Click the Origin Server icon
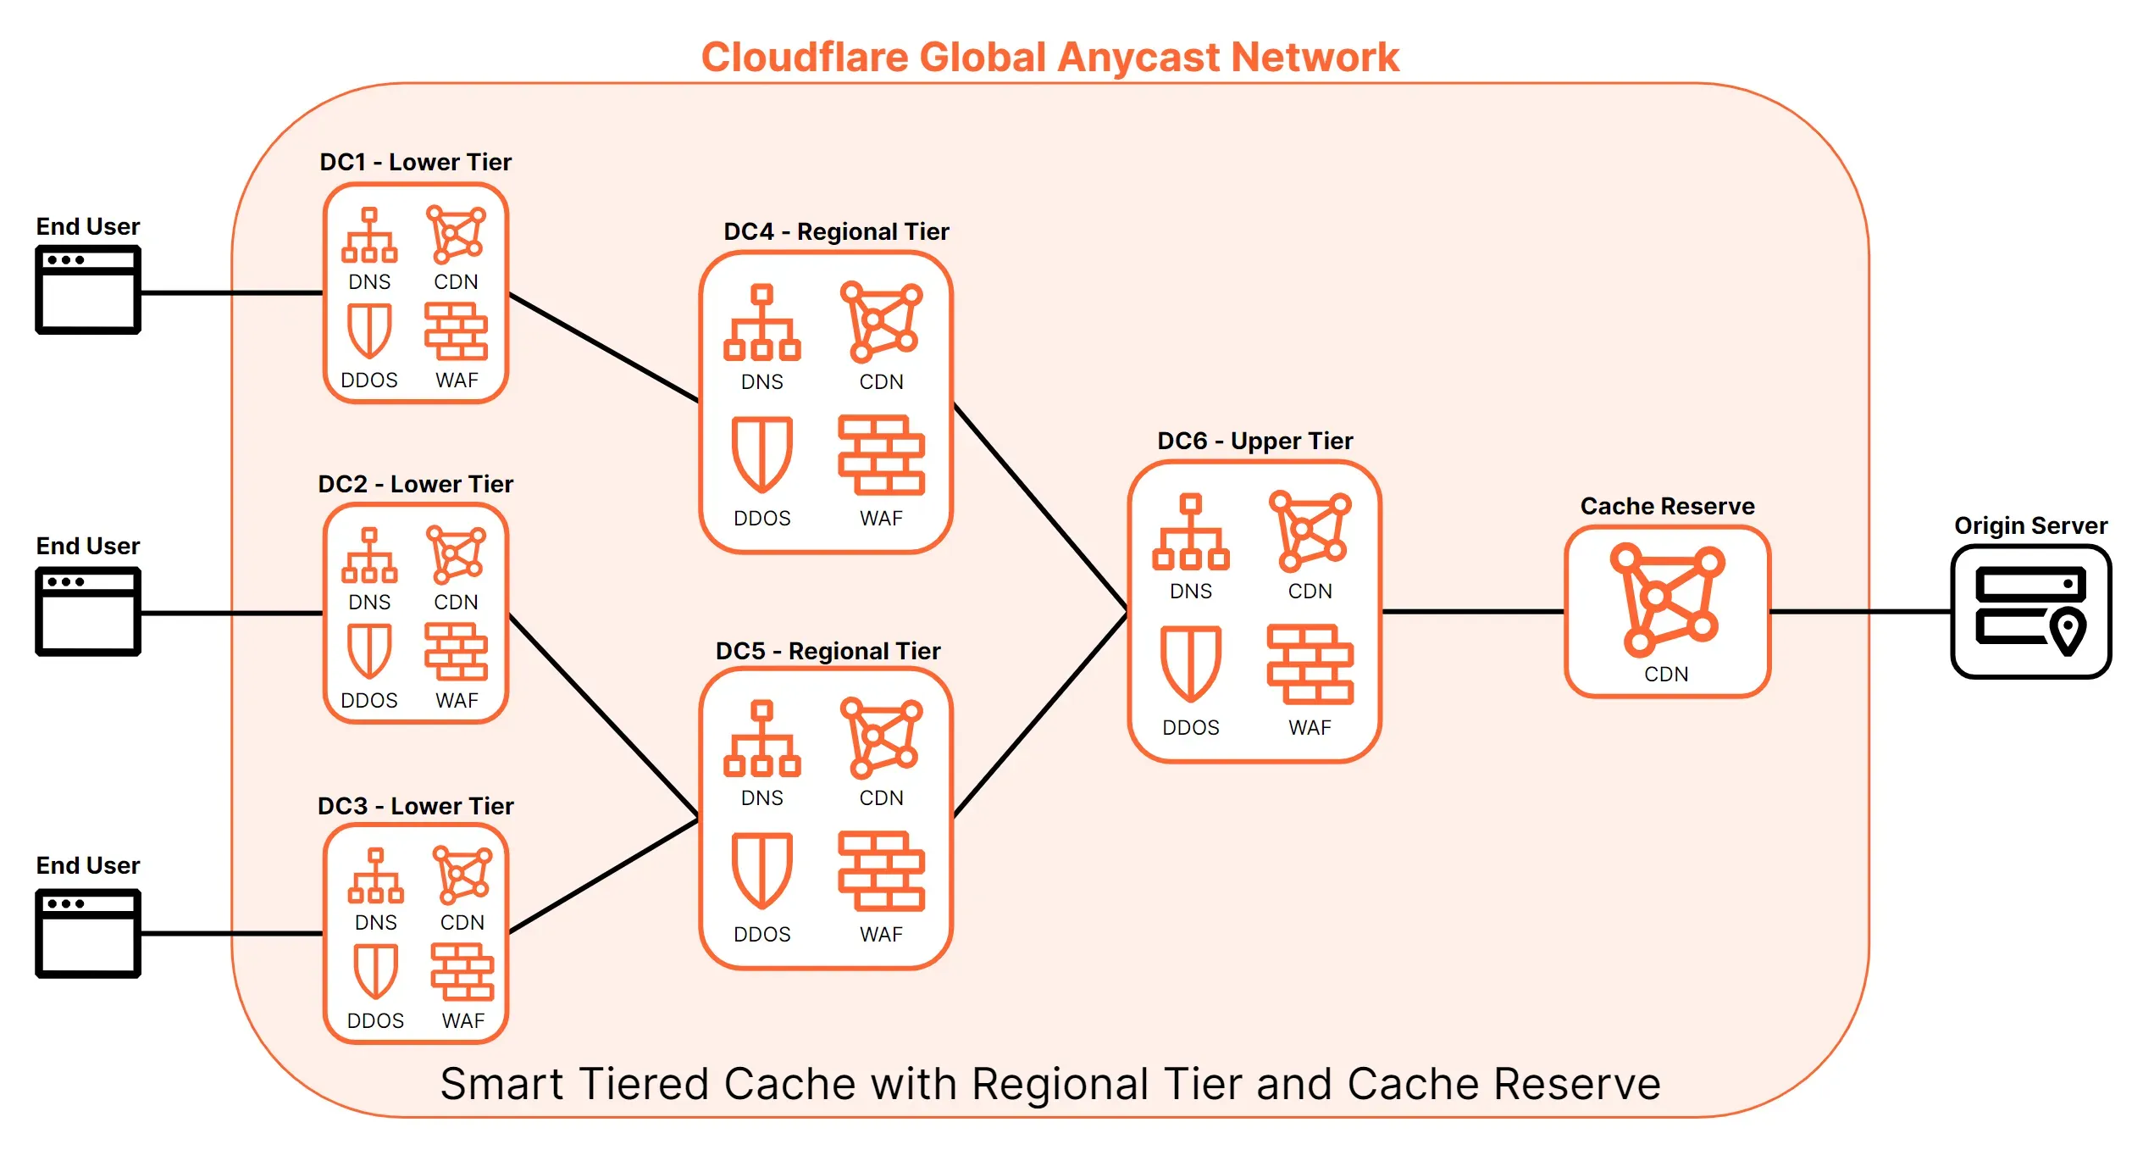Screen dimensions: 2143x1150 click(2030, 611)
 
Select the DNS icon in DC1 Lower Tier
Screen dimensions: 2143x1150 click(369, 236)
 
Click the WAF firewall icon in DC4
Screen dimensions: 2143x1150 click(881, 455)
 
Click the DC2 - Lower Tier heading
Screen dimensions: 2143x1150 click(416, 484)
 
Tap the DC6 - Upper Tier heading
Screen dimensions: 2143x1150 click(1255, 441)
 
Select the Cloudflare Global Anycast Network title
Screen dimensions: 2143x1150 click(1050, 58)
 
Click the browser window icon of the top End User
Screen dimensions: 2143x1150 click(88, 290)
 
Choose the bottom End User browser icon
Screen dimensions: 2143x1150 click(88, 933)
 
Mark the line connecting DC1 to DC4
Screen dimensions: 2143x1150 click(604, 347)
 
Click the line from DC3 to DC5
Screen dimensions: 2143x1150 click(604, 876)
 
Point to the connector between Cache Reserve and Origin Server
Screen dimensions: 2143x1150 click(1861, 611)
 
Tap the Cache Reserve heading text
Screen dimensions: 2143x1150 click(1667, 506)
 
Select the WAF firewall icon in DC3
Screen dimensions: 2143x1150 click(462, 972)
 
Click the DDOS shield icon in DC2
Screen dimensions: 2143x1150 click(369, 652)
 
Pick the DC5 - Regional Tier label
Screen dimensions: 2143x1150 click(828, 651)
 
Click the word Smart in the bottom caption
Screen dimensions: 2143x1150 click(502, 1084)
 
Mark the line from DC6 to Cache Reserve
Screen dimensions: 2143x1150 click(1473, 611)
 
